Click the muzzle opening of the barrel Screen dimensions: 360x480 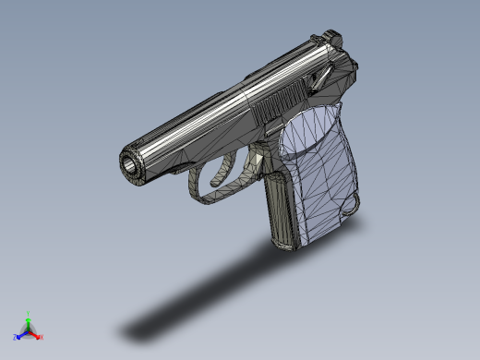128,164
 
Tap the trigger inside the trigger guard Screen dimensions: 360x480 222,170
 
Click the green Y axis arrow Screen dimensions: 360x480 29,322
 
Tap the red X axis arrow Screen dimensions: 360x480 36,334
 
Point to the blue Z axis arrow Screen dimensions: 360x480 21,335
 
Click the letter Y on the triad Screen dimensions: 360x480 29,314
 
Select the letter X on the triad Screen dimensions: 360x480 42,337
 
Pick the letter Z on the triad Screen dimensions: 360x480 16,338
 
